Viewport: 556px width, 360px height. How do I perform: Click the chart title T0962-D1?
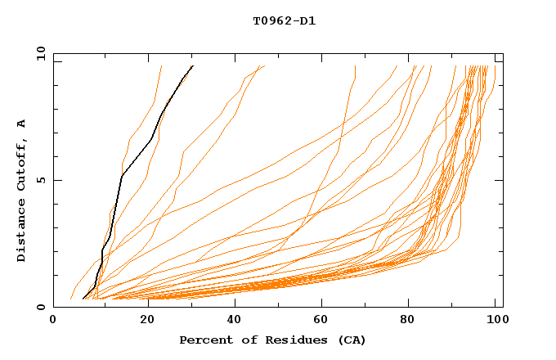click(x=285, y=21)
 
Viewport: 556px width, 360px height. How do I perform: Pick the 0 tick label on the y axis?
click(x=39, y=307)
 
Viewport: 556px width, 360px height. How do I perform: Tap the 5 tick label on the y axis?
click(x=39, y=180)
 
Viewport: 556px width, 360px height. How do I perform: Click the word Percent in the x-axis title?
click(x=202, y=340)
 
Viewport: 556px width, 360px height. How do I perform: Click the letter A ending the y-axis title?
click(x=22, y=123)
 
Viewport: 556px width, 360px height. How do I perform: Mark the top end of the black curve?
click(x=192, y=65)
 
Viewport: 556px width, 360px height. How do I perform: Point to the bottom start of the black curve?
click(x=83, y=299)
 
